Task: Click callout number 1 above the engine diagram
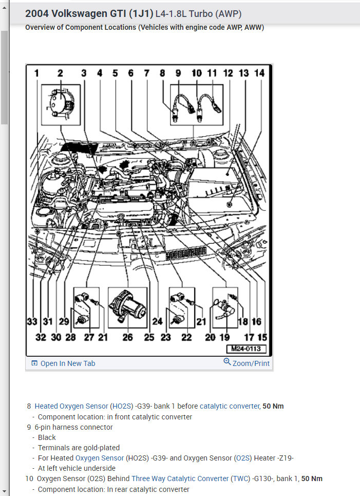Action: [36, 74]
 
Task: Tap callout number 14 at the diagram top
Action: [259, 74]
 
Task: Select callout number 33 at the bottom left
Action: [32, 322]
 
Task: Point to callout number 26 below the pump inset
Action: [127, 337]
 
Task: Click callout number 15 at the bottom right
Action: [262, 337]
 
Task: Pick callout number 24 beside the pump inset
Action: [157, 322]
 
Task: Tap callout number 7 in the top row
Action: [147, 74]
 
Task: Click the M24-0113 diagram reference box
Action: [246, 348]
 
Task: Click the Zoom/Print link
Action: [251, 363]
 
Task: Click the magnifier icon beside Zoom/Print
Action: [227, 361]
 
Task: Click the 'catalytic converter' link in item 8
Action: [230, 406]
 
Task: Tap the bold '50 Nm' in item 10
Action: [312, 479]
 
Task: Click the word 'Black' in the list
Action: [47, 437]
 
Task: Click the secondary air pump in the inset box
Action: [127, 306]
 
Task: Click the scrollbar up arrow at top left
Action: [4, 7]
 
